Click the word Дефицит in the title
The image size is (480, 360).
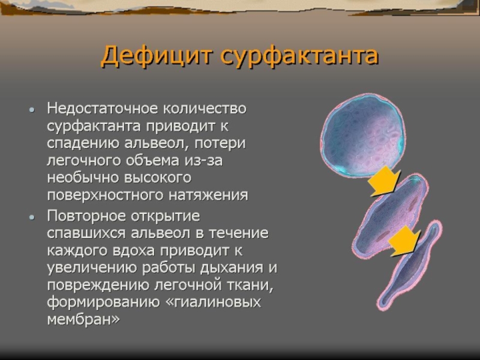tap(157, 56)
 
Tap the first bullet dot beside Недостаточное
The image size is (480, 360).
tap(32, 110)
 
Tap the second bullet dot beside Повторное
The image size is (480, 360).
tap(32, 217)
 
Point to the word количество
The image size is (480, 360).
tap(205, 109)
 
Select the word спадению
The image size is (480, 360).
tap(83, 144)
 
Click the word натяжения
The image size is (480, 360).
tap(208, 196)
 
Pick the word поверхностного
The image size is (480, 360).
tap(106, 196)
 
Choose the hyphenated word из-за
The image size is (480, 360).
tap(203, 161)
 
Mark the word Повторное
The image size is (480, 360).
tap(86, 216)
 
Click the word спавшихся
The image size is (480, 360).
tap(86, 234)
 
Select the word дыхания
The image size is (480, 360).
tap(232, 268)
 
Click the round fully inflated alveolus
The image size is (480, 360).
tap(362, 136)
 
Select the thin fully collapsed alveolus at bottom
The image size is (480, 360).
tap(409, 265)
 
